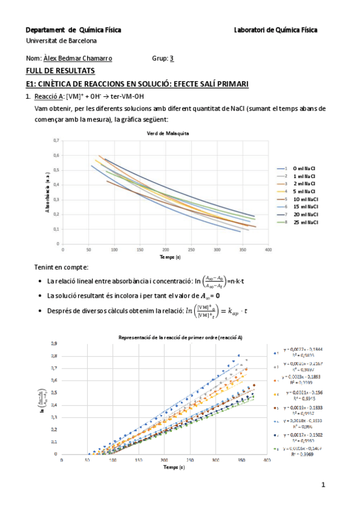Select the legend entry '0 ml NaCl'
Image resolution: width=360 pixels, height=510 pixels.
click(x=306, y=168)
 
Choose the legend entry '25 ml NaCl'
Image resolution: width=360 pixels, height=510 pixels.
click(x=307, y=223)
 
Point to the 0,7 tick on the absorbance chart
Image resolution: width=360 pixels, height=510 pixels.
click(x=56, y=140)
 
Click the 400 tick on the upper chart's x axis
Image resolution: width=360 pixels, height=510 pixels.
click(x=268, y=249)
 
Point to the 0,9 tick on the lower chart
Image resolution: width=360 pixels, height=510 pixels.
click(x=54, y=343)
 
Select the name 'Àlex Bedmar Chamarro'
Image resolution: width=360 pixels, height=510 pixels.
click(x=78, y=59)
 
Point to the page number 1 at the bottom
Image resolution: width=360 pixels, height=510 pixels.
click(x=323, y=485)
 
